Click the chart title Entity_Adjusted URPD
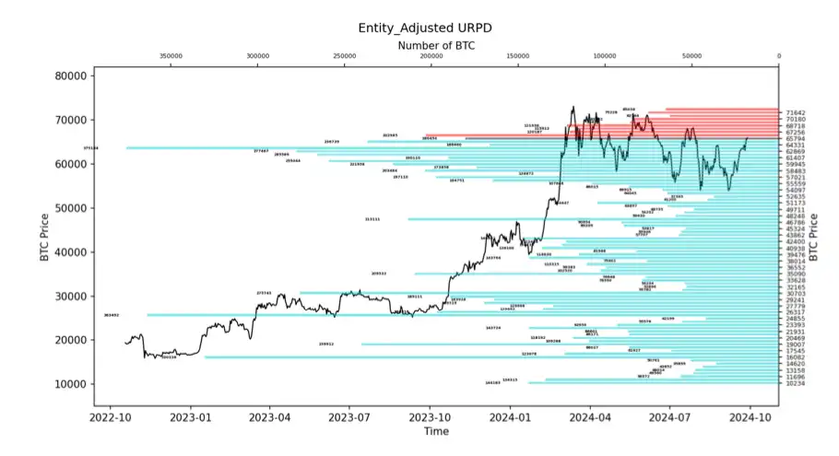coord(424,28)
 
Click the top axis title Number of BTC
coord(436,45)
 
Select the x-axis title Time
coord(436,431)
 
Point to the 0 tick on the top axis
coord(778,57)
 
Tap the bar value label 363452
coord(112,315)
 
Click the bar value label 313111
coord(372,219)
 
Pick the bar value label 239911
coord(326,344)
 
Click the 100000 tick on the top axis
coord(605,57)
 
